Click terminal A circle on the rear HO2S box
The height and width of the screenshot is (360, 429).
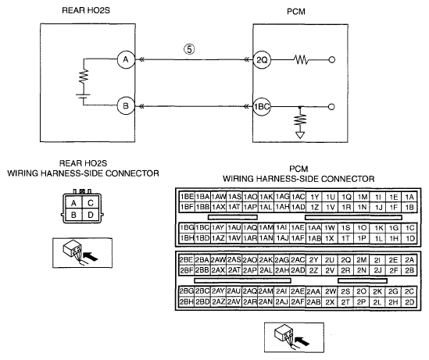tap(126, 59)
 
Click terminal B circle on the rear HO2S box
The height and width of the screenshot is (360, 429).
tap(126, 106)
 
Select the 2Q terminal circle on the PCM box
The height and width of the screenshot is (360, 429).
tap(262, 59)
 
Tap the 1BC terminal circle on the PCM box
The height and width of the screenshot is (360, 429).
tap(262, 106)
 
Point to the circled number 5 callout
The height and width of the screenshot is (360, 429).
tap(189, 49)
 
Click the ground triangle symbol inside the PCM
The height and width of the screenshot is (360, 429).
tap(300, 135)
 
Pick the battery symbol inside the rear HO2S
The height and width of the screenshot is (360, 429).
tap(83, 97)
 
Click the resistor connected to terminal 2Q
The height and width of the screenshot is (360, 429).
tap(301, 59)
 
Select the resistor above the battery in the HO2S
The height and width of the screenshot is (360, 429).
tap(84, 76)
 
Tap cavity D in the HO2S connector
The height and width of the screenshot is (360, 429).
tap(91, 215)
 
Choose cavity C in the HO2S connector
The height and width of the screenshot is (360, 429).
tap(91, 203)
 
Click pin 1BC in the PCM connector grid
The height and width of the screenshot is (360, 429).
tap(202, 228)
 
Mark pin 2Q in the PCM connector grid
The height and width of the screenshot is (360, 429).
tap(345, 260)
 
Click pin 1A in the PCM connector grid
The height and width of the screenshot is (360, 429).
tap(409, 197)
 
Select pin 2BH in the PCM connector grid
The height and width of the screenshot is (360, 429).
tap(186, 302)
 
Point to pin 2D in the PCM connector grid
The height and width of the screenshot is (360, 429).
tap(409, 302)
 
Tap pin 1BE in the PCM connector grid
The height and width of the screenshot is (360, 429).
tap(187, 197)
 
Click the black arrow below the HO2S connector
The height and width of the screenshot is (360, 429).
tap(90, 257)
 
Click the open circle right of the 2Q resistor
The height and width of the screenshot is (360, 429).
tap(331, 59)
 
